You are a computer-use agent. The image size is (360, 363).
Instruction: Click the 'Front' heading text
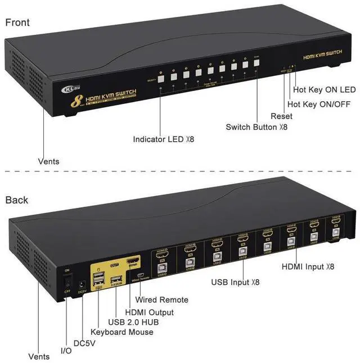17,22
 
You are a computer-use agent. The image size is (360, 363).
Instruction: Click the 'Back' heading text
16,199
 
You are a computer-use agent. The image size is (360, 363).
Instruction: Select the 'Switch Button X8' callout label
256,127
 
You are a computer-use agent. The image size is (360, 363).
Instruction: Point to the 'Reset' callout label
281,116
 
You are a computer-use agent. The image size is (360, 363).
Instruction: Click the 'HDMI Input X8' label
308,266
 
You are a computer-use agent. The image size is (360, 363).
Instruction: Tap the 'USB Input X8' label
235,282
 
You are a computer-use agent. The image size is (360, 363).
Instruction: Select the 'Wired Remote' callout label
166,300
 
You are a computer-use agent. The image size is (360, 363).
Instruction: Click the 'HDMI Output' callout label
149,312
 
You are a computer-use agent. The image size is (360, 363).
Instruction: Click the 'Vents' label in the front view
48,161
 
